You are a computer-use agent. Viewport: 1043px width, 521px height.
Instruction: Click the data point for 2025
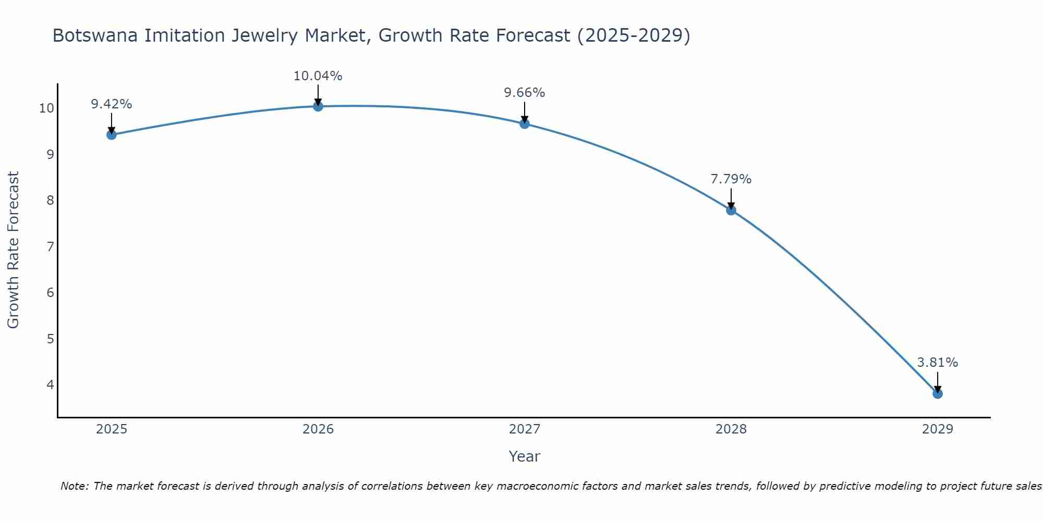pos(112,135)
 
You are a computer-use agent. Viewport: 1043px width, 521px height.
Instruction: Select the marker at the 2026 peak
pos(318,106)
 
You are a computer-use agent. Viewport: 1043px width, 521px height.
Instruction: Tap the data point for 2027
pos(525,123)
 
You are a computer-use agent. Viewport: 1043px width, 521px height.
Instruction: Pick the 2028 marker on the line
pos(731,210)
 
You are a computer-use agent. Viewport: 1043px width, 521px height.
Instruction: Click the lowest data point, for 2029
pos(938,393)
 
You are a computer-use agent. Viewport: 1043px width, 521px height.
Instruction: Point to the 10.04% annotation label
pos(318,76)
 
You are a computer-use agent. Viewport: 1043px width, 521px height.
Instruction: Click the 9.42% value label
pos(112,104)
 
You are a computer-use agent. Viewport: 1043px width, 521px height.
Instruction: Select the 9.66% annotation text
pos(525,93)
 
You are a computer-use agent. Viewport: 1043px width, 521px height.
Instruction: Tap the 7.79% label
pos(731,179)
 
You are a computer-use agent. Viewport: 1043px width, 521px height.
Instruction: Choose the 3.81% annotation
pos(938,363)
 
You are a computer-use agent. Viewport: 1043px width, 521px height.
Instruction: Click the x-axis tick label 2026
pos(318,429)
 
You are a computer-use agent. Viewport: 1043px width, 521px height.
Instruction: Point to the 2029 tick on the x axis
pos(938,429)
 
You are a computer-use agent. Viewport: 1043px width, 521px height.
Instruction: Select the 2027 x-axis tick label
pos(525,429)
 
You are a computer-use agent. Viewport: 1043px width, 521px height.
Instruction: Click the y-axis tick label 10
pos(46,108)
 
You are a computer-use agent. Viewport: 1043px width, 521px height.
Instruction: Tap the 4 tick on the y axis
pos(50,384)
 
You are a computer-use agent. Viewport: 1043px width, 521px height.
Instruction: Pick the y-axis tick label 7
pos(50,246)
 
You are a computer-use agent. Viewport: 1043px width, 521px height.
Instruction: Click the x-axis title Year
pos(525,456)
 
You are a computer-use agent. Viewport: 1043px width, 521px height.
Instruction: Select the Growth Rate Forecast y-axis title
pos(13,250)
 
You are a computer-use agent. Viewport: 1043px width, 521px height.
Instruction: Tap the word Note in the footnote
pos(74,486)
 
